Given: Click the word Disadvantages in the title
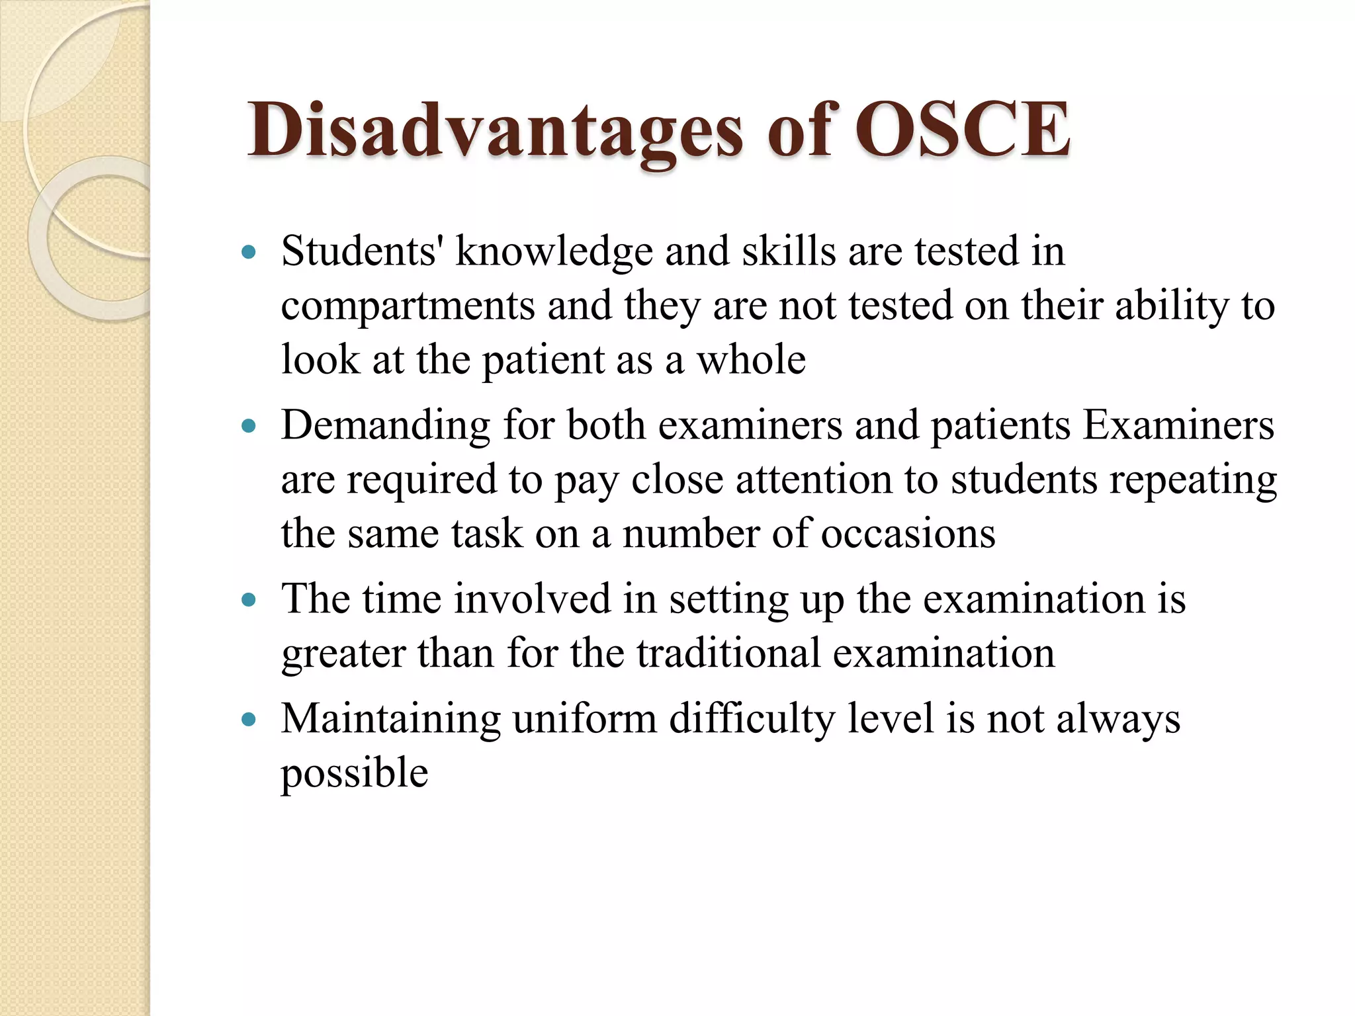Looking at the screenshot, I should tap(495, 130).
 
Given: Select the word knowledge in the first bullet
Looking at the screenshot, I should tap(554, 253).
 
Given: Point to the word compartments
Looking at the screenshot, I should tap(408, 307).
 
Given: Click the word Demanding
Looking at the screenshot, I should tap(386, 426).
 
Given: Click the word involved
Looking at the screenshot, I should tap(532, 599).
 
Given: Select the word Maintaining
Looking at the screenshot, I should tap(390, 720).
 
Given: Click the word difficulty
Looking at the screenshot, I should tap(752, 720).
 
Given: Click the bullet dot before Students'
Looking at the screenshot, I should tap(249, 252).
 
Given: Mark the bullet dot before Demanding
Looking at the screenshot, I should tap(249, 426).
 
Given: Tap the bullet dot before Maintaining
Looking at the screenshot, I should tap(249, 720).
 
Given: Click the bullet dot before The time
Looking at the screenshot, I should tap(249, 600).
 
